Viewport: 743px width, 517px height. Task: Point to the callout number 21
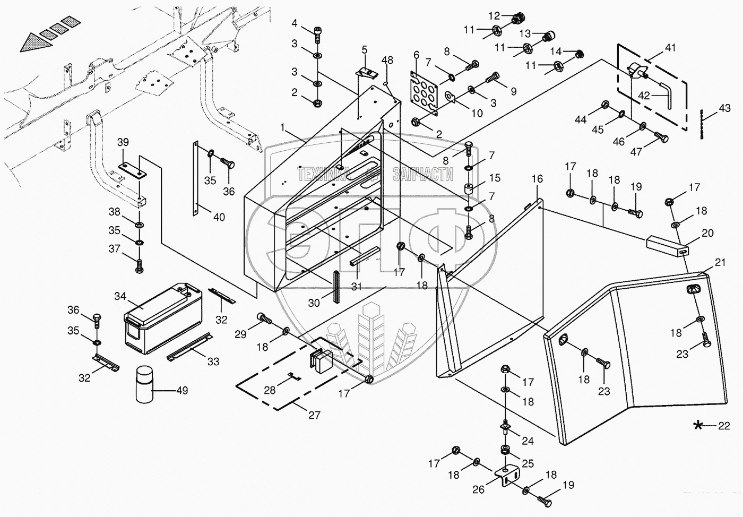pos(720,262)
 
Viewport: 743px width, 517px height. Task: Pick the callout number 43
pos(724,108)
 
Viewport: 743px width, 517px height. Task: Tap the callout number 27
pos(314,415)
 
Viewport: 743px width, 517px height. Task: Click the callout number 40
pos(219,217)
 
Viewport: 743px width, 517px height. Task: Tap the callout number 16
pos(537,179)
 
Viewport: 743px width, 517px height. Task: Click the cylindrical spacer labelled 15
pos(470,189)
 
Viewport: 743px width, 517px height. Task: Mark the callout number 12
pos(494,15)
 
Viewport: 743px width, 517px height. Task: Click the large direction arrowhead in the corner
pos(33,41)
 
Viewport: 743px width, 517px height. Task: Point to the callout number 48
pos(387,61)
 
